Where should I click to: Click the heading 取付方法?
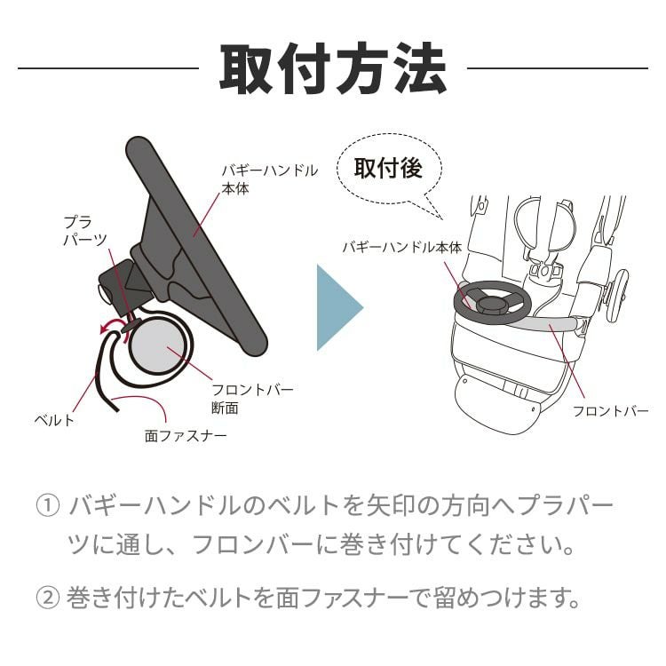coord(333,68)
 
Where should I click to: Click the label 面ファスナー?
coord(185,435)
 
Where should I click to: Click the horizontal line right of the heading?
coord(557,68)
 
